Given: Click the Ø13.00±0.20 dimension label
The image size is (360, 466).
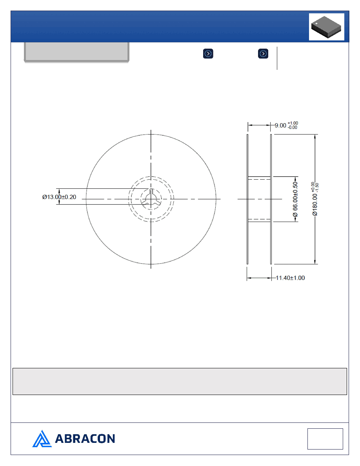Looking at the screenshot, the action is (x=59, y=197).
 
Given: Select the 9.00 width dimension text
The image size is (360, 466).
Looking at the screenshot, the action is (x=280, y=126).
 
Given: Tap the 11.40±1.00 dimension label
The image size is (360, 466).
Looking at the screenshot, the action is (x=290, y=278).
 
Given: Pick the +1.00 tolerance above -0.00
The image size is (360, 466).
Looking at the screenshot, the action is (x=293, y=123).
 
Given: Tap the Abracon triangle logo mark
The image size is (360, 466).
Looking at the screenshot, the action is (x=42, y=439).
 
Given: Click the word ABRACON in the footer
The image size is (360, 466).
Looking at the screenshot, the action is (x=85, y=439).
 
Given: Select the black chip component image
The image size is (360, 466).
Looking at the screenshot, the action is (x=326, y=27).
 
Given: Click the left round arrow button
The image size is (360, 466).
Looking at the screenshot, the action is (x=208, y=54).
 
